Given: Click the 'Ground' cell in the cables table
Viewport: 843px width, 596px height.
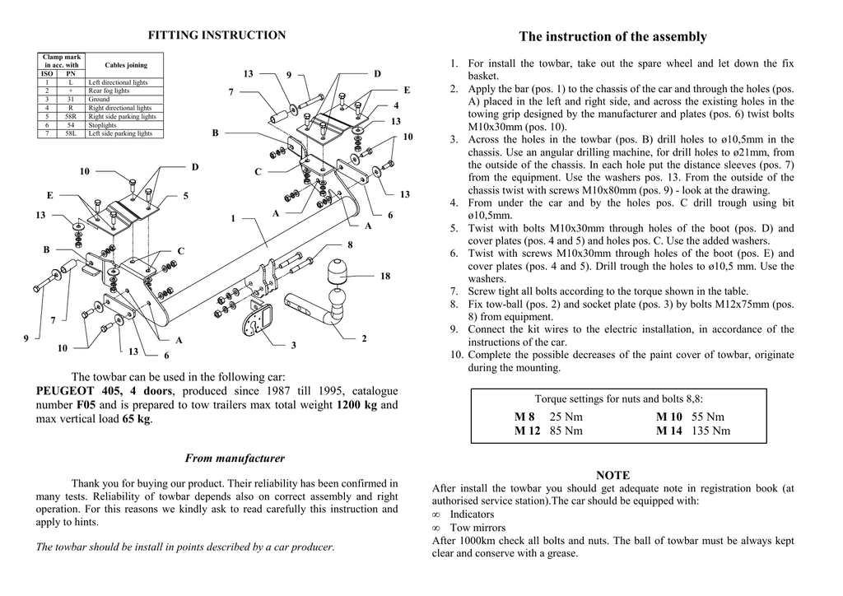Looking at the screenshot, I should click(x=99, y=99).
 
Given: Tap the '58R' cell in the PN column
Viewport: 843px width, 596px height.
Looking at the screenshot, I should click(x=71, y=116).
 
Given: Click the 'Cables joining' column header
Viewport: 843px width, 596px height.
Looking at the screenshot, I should click(x=126, y=65).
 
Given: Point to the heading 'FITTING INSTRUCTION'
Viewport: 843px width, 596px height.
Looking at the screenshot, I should click(x=217, y=35).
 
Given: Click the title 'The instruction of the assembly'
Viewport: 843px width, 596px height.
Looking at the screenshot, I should click(x=612, y=37).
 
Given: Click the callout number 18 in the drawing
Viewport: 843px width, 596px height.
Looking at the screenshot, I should click(x=384, y=277).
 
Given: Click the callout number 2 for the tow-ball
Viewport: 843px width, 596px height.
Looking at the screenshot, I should click(x=364, y=338).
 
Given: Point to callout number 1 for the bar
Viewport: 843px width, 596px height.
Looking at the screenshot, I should click(x=233, y=218).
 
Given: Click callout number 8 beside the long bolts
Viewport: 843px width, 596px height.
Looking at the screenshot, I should click(x=350, y=245).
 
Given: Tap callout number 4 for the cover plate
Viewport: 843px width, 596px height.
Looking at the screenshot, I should click(x=396, y=105).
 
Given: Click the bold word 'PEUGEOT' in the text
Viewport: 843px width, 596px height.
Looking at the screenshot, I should click(x=68, y=391).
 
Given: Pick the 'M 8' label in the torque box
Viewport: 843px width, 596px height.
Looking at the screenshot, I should click(x=524, y=417).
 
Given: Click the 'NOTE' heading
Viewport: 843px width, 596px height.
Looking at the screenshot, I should click(x=612, y=476).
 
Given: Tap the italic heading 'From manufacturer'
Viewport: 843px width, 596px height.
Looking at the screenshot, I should click(x=235, y=459).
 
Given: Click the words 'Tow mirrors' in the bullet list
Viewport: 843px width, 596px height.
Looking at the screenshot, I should click(x=477, y=528).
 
